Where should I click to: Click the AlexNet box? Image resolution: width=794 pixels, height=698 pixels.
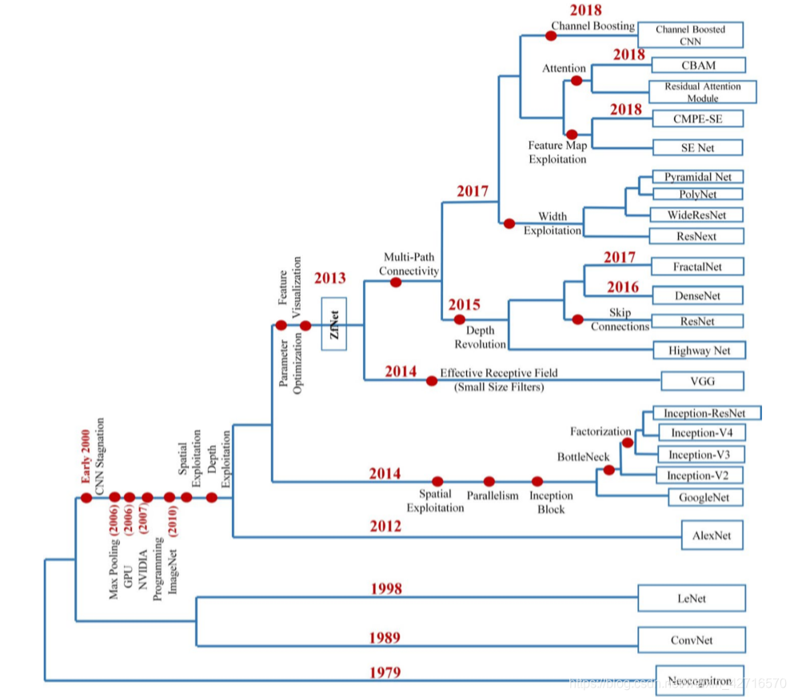(x=712, y=535)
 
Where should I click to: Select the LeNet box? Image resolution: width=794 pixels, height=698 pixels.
(x=692, y=598)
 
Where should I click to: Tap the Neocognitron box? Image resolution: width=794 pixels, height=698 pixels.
(x=699, y=680)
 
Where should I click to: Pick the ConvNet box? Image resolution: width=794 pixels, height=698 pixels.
(x=692, y=640)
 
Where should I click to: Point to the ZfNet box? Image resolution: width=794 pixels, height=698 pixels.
(x=335, y=324)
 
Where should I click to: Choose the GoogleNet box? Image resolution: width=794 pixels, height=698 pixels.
(x=705, y=497)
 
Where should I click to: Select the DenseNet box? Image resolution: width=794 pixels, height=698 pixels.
(x=697, y=295)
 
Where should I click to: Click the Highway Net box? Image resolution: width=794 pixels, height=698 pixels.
(x=699, y=350)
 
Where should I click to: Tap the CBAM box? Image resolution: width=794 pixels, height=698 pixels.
(x=698, y=65)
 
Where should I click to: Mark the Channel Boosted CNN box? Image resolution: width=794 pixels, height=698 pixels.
(x=690, y=35)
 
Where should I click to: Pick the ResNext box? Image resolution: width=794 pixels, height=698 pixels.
(x=695, y=236)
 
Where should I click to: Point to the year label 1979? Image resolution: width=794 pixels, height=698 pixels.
(x=385, y=672)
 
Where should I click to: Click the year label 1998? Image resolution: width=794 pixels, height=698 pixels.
(x=385, y=589)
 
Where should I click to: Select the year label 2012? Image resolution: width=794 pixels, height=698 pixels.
(x=385, y=527)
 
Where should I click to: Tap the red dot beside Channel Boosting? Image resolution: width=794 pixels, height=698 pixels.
(x=551, y=35)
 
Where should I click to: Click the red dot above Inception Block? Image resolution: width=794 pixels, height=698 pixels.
(x=537, y=482)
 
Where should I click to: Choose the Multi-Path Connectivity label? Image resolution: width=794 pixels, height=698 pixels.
(x=409, y=264)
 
